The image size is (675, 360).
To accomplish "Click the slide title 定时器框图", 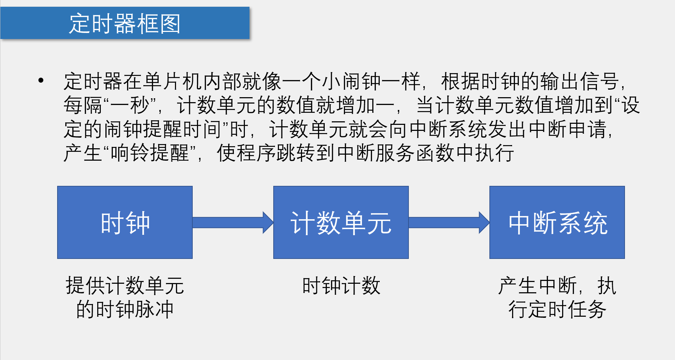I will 125,23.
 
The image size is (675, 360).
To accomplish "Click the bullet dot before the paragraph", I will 41,81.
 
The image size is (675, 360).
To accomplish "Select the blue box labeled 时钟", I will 125,222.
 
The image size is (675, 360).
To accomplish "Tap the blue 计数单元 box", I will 341,222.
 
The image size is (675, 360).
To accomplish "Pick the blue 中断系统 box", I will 557,222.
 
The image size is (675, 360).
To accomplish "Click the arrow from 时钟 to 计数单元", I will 232,222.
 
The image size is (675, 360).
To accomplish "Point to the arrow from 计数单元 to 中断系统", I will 449,222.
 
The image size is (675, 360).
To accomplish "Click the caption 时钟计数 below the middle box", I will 341,286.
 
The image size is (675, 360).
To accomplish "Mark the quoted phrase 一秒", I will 130,105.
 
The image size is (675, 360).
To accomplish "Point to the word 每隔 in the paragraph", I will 83,105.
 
